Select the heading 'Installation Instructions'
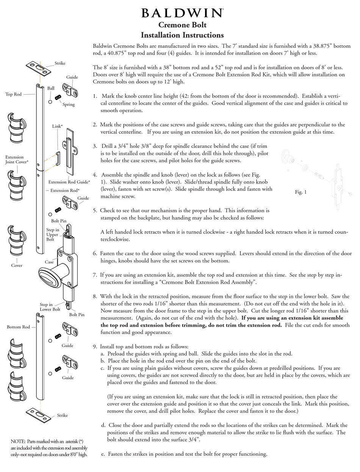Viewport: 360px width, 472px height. pos(182,35)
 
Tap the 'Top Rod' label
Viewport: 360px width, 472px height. pos(13,94)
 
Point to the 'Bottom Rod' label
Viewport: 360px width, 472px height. pos(18,327)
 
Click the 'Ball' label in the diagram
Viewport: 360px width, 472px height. pos(51,88)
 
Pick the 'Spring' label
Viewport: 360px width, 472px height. pos(69,104)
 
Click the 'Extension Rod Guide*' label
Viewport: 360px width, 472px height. pos(69,182)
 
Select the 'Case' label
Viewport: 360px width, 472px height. pos(49,262)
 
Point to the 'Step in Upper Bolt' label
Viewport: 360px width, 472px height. pos(52,234)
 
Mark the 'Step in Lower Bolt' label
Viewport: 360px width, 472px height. pos(50,307)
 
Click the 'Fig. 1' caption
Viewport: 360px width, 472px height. pos(301,192)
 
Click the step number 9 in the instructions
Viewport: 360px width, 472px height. pos(95,347)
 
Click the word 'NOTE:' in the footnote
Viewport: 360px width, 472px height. pos(17,441)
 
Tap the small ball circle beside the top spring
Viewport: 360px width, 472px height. pos(50,102)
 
